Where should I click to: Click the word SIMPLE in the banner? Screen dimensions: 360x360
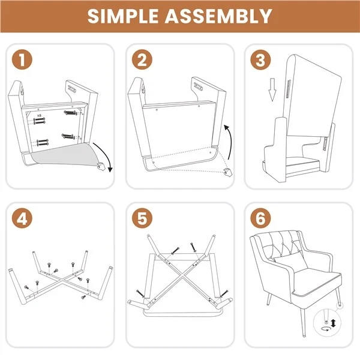[123, 16]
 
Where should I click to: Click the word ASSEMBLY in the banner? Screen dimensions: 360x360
[218, 16]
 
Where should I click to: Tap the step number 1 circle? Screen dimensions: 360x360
[22, 59]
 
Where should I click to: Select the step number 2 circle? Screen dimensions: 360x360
[142, 59]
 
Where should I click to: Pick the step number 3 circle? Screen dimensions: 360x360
[260, 59]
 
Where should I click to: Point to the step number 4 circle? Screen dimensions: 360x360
[22, 218]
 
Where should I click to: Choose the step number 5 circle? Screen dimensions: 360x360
[142, 218]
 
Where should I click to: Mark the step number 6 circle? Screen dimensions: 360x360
[260, 218]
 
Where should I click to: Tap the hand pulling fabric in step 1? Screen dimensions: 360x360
[101, 166]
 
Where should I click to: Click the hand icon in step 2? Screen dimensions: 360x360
[228, 172]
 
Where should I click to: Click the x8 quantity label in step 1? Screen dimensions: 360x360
[39, 115]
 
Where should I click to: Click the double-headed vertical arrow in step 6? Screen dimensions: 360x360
[334, 323]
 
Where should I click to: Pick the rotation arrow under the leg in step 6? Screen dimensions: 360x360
[326, 329]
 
